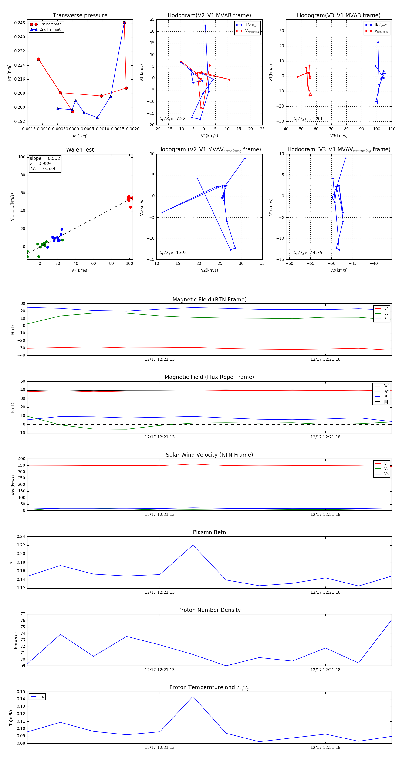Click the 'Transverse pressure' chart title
click(x=80, y=16)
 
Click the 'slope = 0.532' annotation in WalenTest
click(x=45, y=158)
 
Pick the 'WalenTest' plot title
click(x=80, y=150)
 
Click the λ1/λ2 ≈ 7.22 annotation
click(x=172, y=119)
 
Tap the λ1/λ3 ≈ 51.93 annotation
click(x=308, y=119)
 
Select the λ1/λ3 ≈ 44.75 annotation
click(x=308, y=253)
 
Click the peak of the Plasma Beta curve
click(x=193, y=545)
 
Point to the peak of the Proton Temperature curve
click(x=193, y=697)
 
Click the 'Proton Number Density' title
click(x=209, y=610)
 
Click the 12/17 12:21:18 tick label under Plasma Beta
click(x=325, y=592)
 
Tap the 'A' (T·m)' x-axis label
click(x=80, y=136)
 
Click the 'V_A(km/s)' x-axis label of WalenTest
click(x=80, y=270)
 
